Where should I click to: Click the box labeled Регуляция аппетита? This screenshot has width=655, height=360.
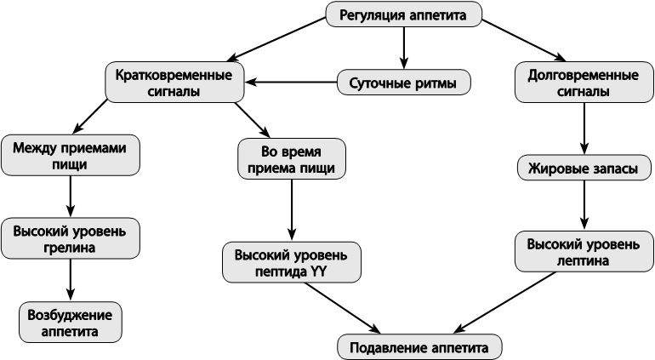403,14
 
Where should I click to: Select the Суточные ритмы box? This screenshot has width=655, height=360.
403,83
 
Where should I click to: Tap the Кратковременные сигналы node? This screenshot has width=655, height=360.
174,83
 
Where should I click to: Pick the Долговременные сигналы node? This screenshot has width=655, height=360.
584,83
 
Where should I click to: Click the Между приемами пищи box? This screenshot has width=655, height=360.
70,155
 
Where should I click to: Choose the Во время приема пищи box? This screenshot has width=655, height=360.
292,159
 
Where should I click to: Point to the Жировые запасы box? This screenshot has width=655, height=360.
584,168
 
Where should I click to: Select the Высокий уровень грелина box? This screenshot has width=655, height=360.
70,238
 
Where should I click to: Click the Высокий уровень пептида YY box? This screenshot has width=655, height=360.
292,262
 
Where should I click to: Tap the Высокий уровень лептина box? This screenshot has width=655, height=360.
584,252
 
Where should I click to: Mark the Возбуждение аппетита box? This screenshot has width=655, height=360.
70,323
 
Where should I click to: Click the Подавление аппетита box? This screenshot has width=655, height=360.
419,347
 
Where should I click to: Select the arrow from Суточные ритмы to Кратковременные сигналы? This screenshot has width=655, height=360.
291,82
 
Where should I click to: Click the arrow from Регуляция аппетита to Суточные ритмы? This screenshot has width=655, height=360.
403,48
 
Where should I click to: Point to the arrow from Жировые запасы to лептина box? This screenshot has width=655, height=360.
584,206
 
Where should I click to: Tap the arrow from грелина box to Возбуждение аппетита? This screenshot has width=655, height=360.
70,280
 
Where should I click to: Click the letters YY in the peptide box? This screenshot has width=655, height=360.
318,271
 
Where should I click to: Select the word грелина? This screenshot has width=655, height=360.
70,247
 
